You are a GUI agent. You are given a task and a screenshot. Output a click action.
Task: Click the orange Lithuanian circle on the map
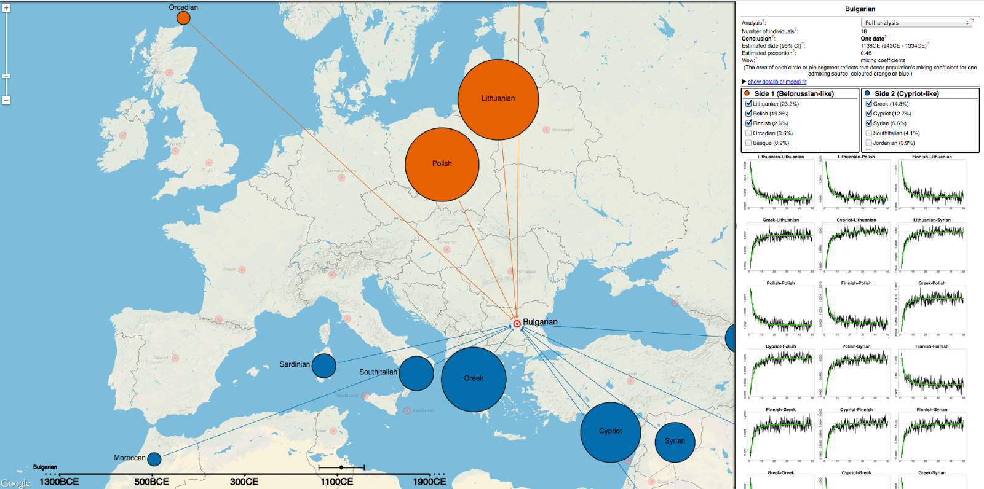pos(498,100)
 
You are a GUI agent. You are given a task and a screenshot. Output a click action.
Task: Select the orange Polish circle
pos(442,164)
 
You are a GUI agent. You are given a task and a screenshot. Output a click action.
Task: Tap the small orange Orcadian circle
pos(183,18)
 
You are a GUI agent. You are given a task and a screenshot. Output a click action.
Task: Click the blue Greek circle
pos(474,379)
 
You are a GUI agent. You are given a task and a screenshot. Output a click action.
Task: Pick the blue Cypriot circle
pos(610,432)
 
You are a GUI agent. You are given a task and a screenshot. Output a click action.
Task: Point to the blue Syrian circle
pos(675,442)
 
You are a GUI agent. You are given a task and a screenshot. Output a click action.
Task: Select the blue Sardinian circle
pos(323,366)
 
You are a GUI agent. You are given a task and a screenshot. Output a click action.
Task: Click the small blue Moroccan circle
pos(154,459)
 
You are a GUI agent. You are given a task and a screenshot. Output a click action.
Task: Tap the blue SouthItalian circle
pos(416,373)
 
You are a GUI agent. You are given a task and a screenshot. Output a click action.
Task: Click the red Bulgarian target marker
pos(517,324)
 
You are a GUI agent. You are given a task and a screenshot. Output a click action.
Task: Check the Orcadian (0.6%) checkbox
pos(748,133)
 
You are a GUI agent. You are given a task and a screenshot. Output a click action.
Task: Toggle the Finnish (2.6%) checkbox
pos(748,123)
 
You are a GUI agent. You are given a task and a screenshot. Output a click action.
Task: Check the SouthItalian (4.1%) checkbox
pos(868,133)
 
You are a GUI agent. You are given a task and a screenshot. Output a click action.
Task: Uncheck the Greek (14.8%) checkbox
pos(868,104)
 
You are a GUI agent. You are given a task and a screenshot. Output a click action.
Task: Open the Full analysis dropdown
pos(916,23)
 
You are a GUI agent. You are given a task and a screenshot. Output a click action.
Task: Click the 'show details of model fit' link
pos(777,82)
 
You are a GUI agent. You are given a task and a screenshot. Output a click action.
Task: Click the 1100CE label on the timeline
pos(337,482)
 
